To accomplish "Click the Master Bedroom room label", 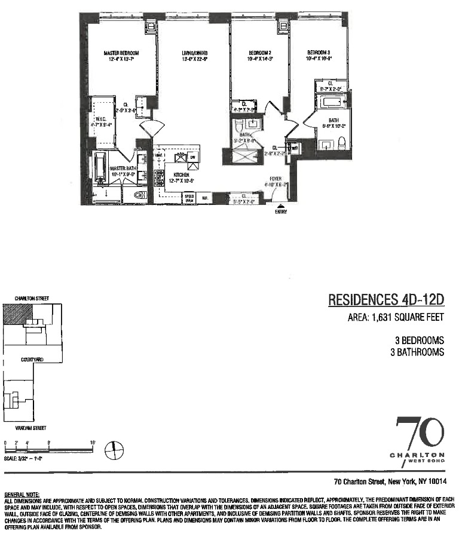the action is coord(117,53).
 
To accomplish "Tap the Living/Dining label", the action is coord(194,53).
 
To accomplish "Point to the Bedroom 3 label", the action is coord(319,53).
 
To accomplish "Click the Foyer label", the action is coord(276,179).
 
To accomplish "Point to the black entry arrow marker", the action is coord(281,206).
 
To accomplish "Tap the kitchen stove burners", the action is coord(159,176).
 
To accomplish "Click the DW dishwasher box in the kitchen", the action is coord(192,157).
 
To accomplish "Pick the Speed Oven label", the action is coord(189,197).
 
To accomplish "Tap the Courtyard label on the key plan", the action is coord(30,360).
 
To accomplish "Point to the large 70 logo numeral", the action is coord(421,434).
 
